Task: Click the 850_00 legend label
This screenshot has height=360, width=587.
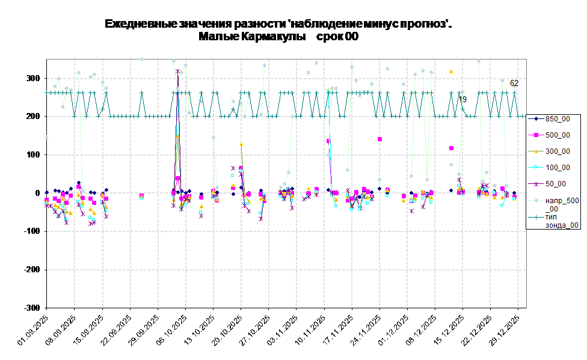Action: pyautogui.click(x=558, y=119)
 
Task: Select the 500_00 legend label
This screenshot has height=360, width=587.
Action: pyautogui.click(x=558, y=135)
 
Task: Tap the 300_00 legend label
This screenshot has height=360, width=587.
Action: pyautogui.click(x=558, y=151)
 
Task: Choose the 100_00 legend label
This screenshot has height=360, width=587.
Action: pyautogui.click(x=558, y=168)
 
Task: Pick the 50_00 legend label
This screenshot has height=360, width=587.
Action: pyautogui.click(x=555, y=184)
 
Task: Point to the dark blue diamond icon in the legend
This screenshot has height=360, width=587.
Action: pyautogui.click(x=535, y=119)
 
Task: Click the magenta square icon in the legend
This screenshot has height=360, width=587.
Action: pyautogui.click(x=535, y=135)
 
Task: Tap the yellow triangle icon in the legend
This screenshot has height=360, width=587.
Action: pyautogui.click(x=535, y=151)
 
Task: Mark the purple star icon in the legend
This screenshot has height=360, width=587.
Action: pyautogui.click(x=535, y=184)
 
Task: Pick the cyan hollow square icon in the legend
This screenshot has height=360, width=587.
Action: pyautogui.click(x=535, y=168)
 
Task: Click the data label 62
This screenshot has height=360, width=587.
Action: pyautogui.click(x=514, y=84)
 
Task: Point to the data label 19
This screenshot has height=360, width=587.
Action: pyautogui.click(x=463, y=99)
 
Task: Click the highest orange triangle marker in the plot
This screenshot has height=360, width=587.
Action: pyautogui.click(x=451, y=71)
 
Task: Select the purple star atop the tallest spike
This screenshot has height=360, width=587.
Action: pyautogui.click(x=177, y=71)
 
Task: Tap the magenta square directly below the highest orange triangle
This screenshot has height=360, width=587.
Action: pyautogui.click(x=451, y=148)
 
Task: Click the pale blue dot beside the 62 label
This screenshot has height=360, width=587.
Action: pyautogui.click(x=503, y=80)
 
